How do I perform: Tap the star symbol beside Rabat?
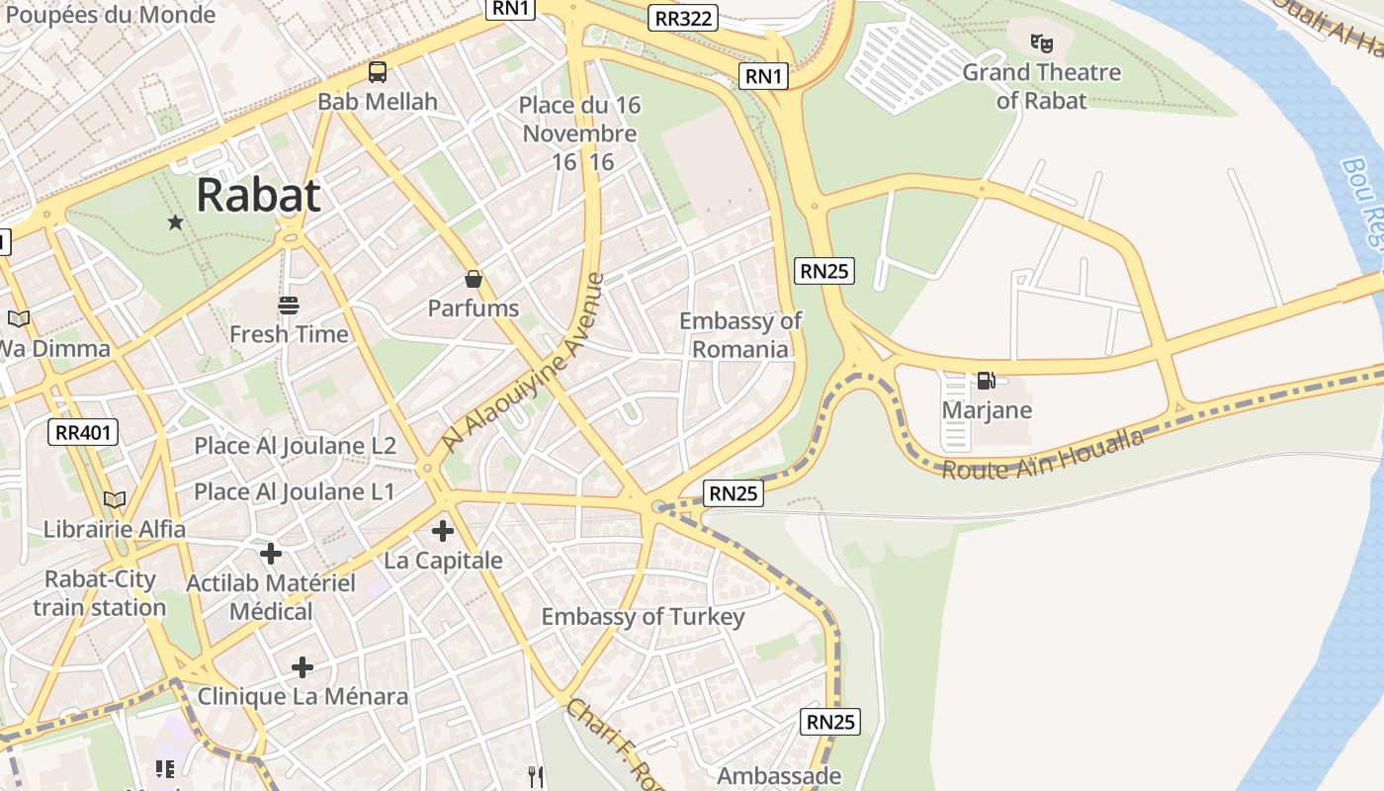coord(176,222)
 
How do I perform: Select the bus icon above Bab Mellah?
coord(378,72)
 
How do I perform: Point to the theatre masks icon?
coord(1041,44)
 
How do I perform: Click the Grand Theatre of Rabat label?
coord(1041,86)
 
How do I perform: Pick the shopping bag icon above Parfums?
coord(474,279)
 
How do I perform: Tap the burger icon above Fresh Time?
coord(289,306)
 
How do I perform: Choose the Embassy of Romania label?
coord(740,334)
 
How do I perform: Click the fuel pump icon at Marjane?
coord(986,381)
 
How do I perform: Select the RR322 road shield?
coord(683,17)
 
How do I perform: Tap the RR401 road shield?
coord(84,431)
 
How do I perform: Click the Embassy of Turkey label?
coord(643,617)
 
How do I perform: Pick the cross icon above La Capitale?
coord(443,532)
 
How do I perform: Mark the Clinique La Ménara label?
coord(303,696)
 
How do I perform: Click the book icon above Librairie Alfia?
coord(116,499)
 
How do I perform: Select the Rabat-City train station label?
coord(99,593)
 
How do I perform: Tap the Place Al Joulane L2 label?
coord(295,446)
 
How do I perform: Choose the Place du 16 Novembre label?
coord(579,120)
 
